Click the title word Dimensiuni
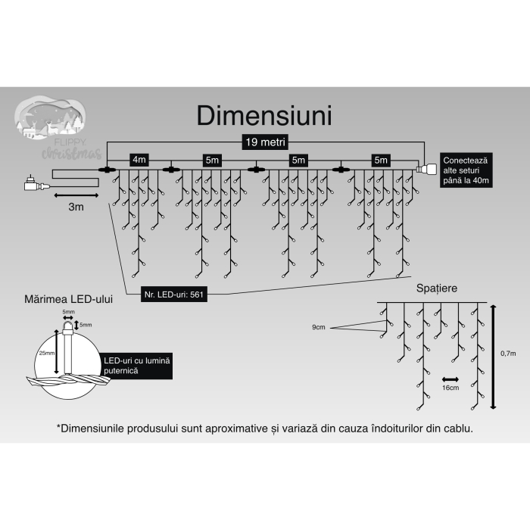(264, 115)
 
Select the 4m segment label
(139, 160)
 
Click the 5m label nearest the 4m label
(212, 160)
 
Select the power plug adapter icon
(33, 182)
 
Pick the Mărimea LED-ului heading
(69, 300)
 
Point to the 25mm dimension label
(46, 353)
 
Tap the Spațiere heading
(437, 288)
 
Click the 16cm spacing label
(450, 388)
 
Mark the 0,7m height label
(508, 353)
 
